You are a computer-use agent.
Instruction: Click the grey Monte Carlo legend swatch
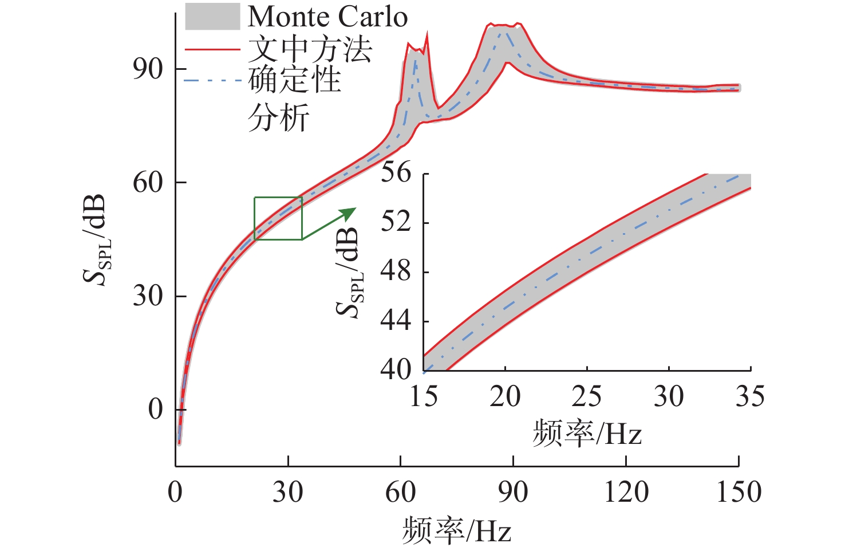tap(212, 17)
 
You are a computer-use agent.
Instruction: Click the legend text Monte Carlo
tap(327, 17)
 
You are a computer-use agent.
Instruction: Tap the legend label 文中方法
tap(310, 49)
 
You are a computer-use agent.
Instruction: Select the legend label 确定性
tap(295, 80)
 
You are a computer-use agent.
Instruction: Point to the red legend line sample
tap(212, 49)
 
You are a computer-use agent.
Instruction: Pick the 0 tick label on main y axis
tap(156, 409)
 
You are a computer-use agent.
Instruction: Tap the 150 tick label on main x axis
tap(739, 492)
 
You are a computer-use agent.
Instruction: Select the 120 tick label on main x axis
tap(626, 492)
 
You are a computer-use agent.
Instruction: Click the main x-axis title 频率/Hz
tap(456, 530)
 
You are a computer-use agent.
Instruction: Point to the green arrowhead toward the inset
tap(349, 214)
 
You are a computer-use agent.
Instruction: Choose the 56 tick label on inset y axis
tap(396, 172)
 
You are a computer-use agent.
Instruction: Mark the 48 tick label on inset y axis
tap(396, 271)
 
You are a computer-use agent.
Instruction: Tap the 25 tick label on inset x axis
tap(587, 396)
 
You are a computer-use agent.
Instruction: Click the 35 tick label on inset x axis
tap(750, 396)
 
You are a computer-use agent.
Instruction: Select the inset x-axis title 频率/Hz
tap(587, 433)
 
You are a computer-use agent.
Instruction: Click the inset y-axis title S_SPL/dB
tap(350, 273)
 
